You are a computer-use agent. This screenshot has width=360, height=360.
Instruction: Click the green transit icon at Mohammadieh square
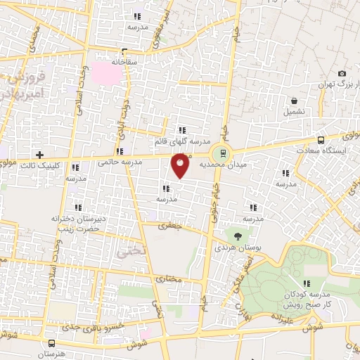224,152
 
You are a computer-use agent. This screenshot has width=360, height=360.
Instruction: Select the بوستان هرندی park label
235,249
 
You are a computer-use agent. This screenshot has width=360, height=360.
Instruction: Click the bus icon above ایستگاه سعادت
321,139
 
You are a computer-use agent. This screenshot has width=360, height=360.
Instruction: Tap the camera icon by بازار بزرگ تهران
342,73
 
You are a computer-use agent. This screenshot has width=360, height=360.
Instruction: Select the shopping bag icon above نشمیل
294,100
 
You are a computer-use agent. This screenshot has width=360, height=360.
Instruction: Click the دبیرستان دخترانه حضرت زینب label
77,223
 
